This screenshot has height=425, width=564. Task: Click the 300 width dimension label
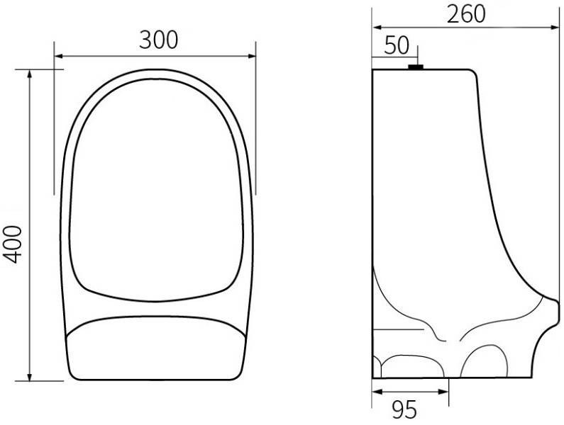pos(159,40)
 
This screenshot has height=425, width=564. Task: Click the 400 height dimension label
pos(13,244)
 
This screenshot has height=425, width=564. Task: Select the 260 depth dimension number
pos(466,14)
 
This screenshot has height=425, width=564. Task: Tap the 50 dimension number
pos(397,45)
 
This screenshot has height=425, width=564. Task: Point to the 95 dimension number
pos(404,409)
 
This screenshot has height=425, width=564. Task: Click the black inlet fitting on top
pos(416,67)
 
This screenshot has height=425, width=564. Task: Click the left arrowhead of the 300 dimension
pos(58,56)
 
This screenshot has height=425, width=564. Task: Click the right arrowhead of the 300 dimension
pos(251,56)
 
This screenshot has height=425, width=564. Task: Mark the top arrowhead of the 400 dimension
pos(30,74)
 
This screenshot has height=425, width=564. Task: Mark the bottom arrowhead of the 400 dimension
pos(30,377)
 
